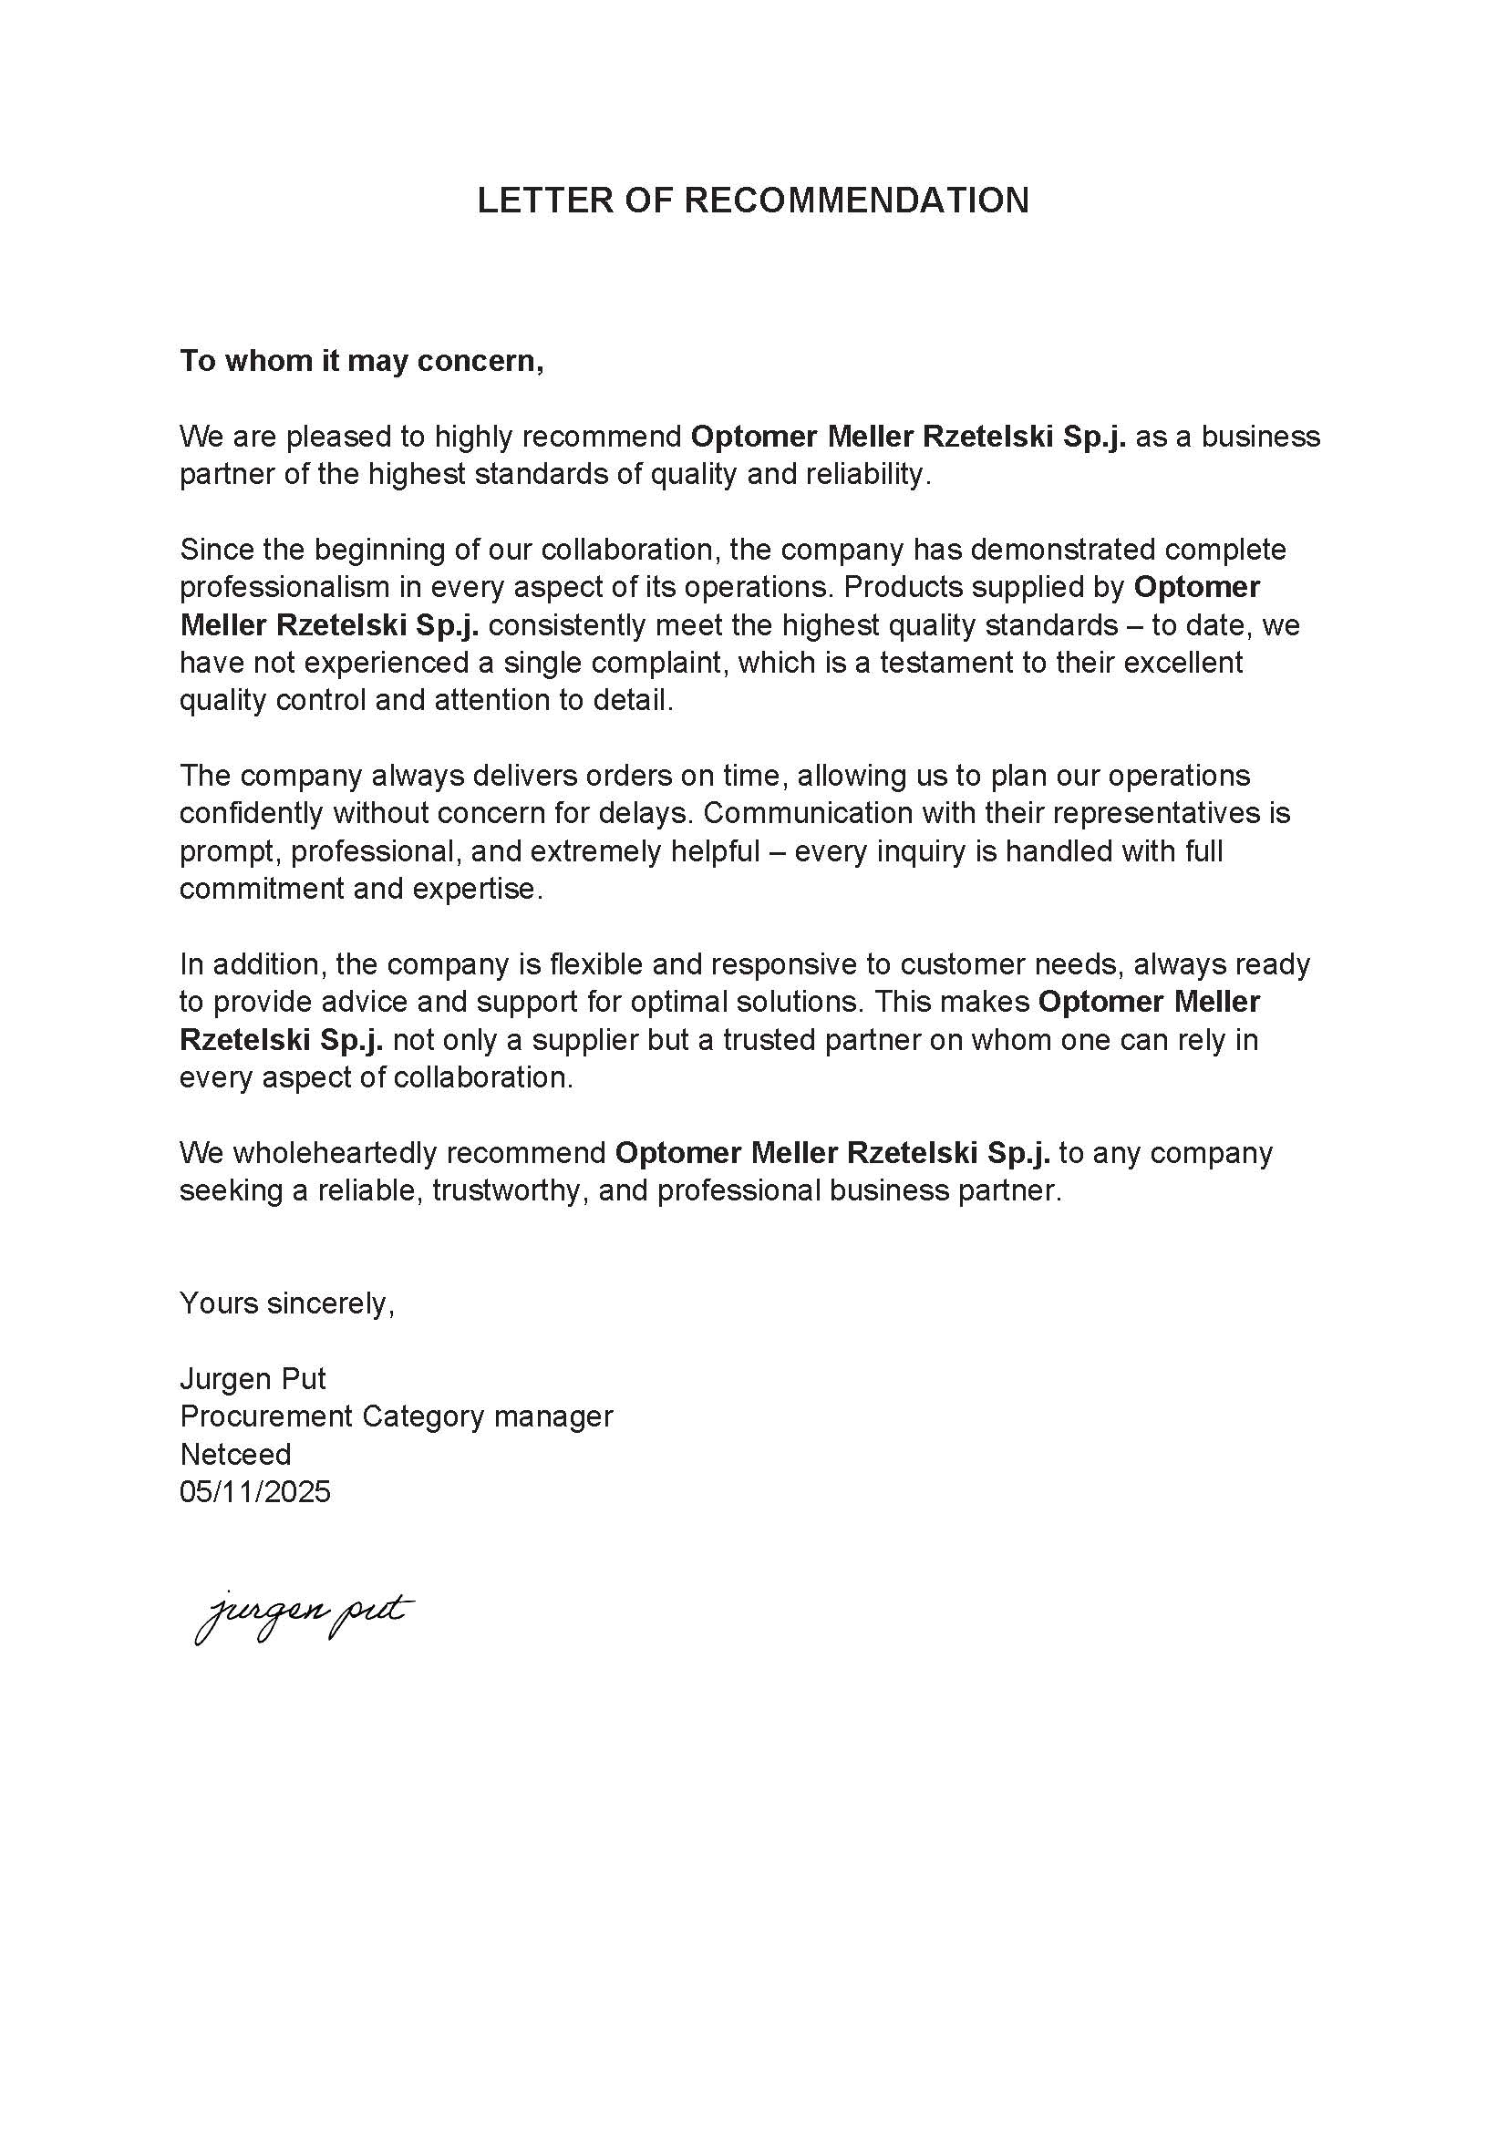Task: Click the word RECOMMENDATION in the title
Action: [x=856, y=201]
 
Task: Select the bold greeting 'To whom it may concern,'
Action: [x=361, y=360]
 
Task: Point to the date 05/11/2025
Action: [x=255, y=1491]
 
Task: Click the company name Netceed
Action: [x=235, y=1453]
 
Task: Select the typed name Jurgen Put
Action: [x=253, y=1378]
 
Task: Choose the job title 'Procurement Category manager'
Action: [x=397, y=1416]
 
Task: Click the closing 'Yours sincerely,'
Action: [x=287, y=1303]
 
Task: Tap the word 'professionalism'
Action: [x=284, y=587]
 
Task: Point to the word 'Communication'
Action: [x=808, y=812]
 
